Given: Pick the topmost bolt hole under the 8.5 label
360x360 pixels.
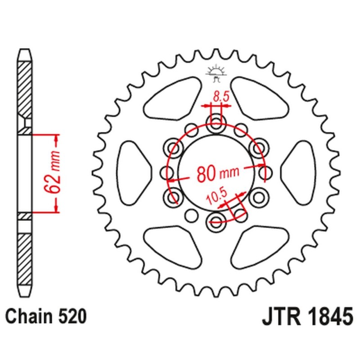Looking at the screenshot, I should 215,120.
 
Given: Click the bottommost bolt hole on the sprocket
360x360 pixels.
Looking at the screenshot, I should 215,220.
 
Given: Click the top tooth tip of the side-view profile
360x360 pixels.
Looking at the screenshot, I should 25,50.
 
